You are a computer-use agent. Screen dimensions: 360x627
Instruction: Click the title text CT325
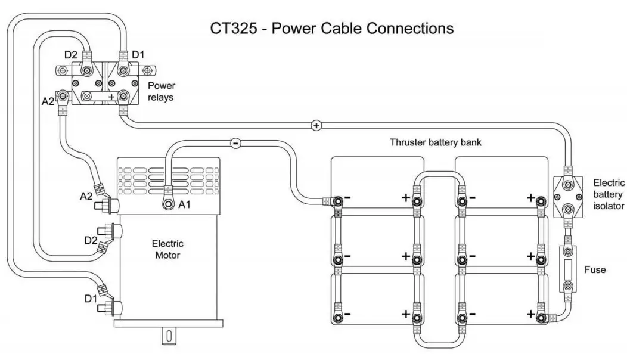pyautogui.click(x=236, y=28)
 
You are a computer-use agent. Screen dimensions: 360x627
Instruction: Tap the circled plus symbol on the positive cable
pyautogui.click(x=316, y=125)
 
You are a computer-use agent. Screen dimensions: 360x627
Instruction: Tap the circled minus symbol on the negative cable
pyautogui.click(x=235, y=143)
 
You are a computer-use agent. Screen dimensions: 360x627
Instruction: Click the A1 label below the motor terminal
pyautogui.click(x=186, y=205)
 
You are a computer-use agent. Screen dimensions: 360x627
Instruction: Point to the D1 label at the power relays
pyautogui.click(x=138, y=55)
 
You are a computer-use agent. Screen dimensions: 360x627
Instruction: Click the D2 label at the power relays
pyautogui.click(x=71, y=55)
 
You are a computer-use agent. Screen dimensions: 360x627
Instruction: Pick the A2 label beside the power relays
pyautogui.click(x=48, y=101)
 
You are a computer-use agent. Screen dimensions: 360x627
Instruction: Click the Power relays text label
pyautogui.click(x=161, y=91)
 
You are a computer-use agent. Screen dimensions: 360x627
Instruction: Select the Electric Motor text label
pyautogui.click(x=167, y=249)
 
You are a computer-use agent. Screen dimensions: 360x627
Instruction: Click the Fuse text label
pyautogui.click(x=595, y=270)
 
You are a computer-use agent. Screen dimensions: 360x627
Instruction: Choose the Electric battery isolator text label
pyautogui.click(x=609, y=194)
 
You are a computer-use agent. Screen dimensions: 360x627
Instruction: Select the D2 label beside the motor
pyautogui.click(x=91, y=240)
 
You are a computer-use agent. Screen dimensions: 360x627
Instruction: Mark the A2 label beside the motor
pyautogui.click(x=86, y=195)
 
